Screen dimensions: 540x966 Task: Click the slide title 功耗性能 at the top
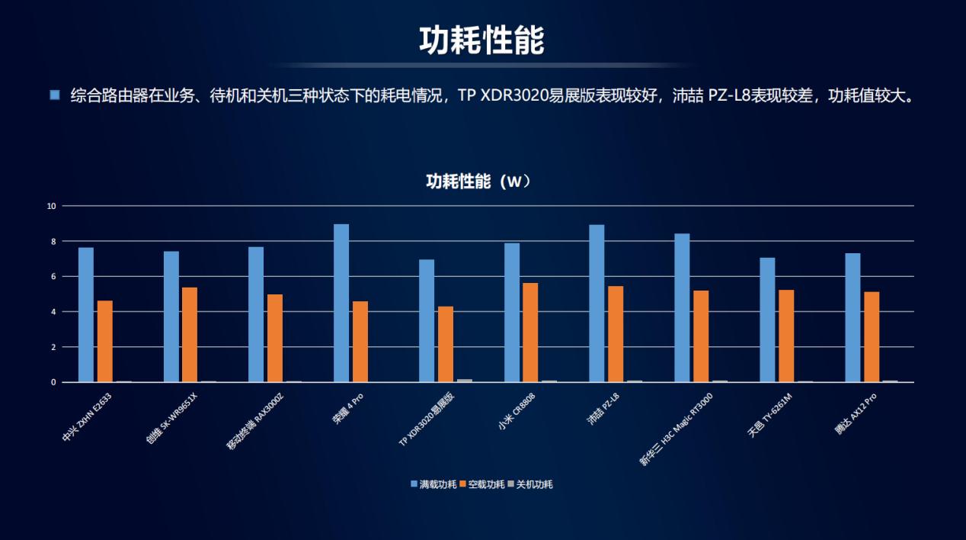tap(481, 40)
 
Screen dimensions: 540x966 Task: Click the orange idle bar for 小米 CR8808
tap(530, 333)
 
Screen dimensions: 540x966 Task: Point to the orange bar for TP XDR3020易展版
tap(445, 344)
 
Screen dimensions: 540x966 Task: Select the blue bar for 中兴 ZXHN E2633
tap(86, 314)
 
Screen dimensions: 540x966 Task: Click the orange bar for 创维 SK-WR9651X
tap(190, 335)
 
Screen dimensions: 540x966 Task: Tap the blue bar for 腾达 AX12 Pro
tap(852, 317)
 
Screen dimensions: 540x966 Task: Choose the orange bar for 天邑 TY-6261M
tap(786, 336)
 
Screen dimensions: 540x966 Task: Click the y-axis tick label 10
tap(51, 206)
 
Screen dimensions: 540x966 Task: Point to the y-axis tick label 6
tap(53, 276)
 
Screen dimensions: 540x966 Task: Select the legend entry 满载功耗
tap(433, 484)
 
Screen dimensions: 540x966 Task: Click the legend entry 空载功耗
tap(481, 484)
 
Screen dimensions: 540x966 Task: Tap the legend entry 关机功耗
tap(530, 484)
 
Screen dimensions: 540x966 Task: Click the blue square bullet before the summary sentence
tap(54, 95)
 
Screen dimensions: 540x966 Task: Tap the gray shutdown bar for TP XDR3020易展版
tap(464, 380)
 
